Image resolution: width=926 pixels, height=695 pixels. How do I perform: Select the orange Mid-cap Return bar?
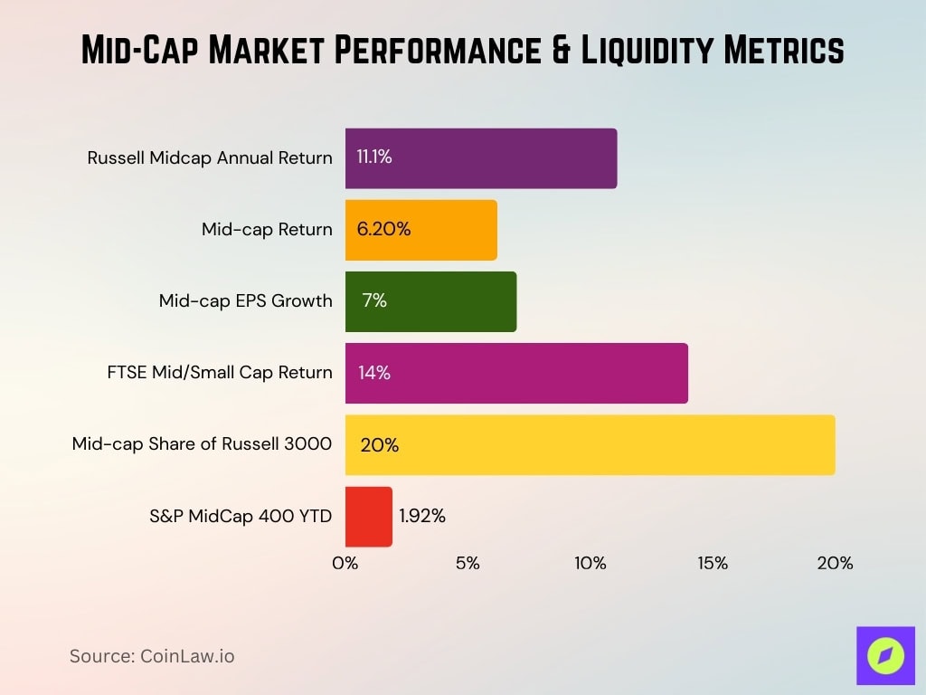pos(421,230)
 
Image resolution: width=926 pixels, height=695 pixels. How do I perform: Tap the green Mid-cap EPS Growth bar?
pos(430,301)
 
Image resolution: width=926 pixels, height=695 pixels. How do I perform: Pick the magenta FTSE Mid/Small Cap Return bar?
pos(516,373)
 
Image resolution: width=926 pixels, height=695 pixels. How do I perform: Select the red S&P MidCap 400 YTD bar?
pos(369,517)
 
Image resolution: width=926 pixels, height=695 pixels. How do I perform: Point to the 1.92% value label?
pos(422,517)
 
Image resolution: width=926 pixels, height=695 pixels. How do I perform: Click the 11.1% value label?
pos(374,157)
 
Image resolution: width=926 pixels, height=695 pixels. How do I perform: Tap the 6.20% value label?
pos(383,230)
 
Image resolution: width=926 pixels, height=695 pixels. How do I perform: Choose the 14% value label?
pos(374,373)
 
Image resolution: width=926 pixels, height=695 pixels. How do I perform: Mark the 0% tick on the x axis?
pos(345,563)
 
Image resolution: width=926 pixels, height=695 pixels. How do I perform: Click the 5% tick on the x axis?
pos(468,563)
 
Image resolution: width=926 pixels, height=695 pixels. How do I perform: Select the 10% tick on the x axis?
pos(590,563)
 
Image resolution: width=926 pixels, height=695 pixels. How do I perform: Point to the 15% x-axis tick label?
pos(713,563)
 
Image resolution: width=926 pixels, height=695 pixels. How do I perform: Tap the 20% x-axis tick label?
pos(835,563)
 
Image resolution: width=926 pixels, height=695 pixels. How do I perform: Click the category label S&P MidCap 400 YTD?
pos(241,517)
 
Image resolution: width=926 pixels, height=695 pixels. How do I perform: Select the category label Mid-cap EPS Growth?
pos(245,301)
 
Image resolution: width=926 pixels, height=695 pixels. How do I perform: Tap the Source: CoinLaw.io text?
pos(152,656)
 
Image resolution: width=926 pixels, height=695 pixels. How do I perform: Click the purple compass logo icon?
pos(885,655)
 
